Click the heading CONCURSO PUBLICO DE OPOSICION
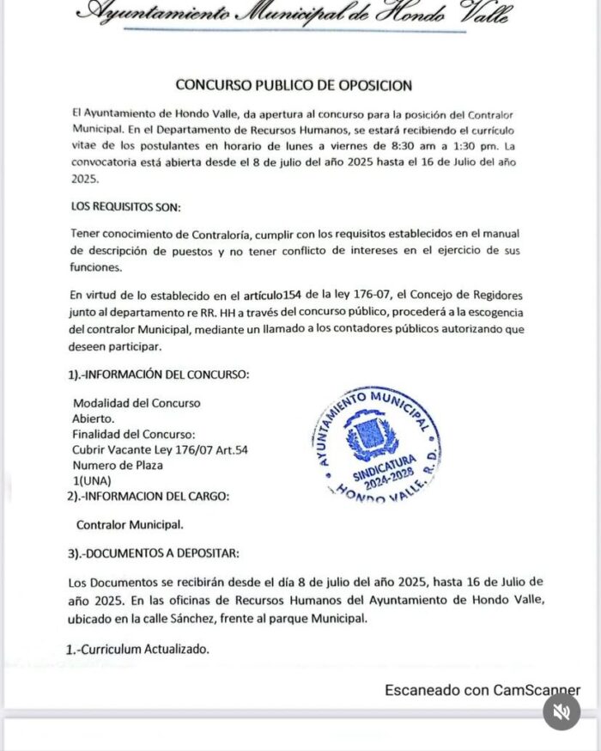pyautogui.click(x=294, y=85)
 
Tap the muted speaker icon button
pyautogui.click(x=562, y=711)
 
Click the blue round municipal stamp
pyautogui.click(x=373, y=444)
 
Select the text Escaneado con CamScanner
pyautogui.click(x=483, y=690)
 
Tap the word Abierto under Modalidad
pyautogui.click(x=93, y=418)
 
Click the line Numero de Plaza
pyautogui.click(x=118, y=466)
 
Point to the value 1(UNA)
pyautogui.click(x=92, y=481)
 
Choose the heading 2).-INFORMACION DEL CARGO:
pyautogui.click(x=148, y=497)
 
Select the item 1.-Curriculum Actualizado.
pyautogui.click(x=137, y=650)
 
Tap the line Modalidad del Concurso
pyautogui.click(x=137, y=403)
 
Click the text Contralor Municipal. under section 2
pyautogui.click(x=130, y=524)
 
